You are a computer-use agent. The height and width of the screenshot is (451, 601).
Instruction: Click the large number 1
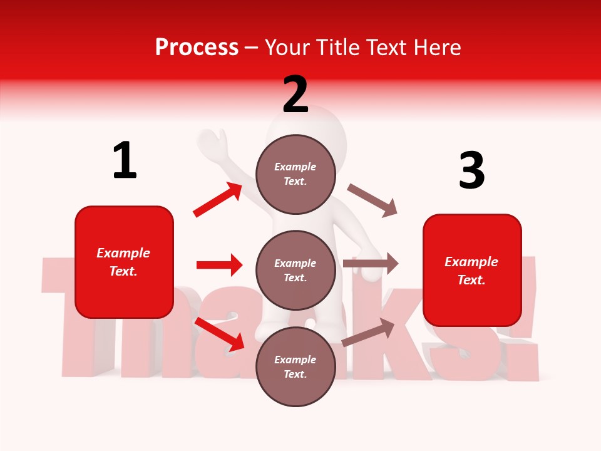coord(125,161)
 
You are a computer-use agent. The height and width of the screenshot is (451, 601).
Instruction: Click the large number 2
coord(295,95)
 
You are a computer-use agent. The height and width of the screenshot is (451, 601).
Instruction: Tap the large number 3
coord(471,170)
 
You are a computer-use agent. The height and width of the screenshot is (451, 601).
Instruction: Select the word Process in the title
coord(197,47)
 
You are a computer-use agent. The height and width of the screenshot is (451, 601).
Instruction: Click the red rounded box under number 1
coord(124,262)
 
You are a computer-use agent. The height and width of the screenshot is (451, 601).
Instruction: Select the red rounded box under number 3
coord(472,270)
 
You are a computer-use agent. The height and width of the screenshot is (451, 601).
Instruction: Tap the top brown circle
coord(295,174)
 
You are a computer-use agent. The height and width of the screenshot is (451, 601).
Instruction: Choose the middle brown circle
coord(295,270)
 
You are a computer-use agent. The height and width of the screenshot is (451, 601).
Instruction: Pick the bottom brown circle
coord(295,366)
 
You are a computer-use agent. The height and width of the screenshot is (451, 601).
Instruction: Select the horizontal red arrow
coord(219,265)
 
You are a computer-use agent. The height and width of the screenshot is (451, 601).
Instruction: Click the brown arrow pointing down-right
coord(372,200)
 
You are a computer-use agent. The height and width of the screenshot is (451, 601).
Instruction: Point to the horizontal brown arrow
coord(371,264)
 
